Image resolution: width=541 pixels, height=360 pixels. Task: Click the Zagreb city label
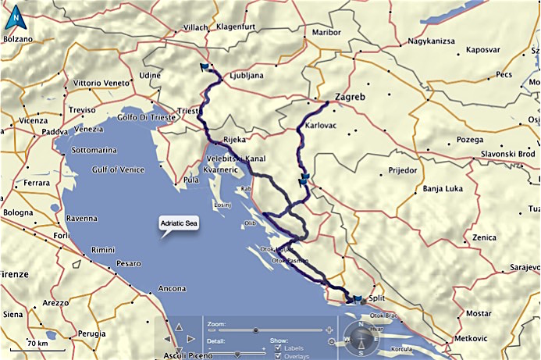click(350, 98)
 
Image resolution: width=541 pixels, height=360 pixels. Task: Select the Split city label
click(377, 300)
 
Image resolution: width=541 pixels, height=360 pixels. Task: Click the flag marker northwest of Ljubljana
click(205, 67)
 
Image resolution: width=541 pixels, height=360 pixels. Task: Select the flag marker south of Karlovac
click(304, 180)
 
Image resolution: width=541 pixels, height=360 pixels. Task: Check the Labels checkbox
click(279, 348)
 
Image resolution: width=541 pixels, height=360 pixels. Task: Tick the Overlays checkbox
click(279, 356)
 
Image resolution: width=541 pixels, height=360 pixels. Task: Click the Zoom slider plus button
click(330, 330)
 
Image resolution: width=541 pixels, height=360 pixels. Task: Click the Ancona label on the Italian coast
click(172, 289)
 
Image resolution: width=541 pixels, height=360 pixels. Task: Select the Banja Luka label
click(443, 188)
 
